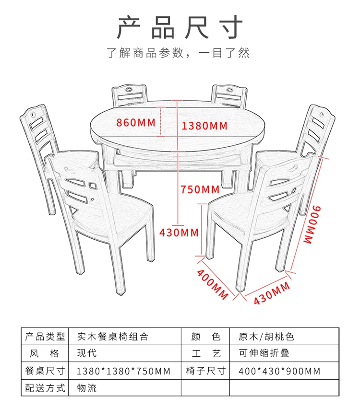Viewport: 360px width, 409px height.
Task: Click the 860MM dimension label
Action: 136,122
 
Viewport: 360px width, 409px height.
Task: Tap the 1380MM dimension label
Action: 204,126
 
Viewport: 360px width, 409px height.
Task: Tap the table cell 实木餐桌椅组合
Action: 113,337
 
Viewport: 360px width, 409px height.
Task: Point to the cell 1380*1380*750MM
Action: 123,371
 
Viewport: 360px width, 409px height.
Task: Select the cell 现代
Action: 87,354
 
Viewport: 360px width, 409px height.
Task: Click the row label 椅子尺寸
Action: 205,371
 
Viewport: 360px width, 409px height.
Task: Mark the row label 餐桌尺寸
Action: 45,371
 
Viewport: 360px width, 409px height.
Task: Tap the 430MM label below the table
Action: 179,233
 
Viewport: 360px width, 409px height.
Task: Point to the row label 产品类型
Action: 45,337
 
